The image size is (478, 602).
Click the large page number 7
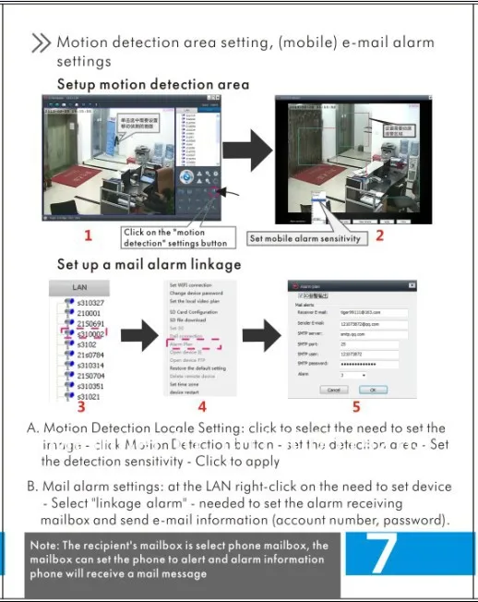point(383,552)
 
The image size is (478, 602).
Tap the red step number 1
point(88,235)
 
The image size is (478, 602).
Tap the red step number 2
point(378,235)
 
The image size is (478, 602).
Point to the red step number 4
point(202,405)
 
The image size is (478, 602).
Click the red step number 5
point(357,404)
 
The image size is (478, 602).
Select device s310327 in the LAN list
point(90,302)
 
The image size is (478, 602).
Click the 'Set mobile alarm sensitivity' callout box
point(307,238)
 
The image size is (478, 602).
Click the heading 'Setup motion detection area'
point(153,84)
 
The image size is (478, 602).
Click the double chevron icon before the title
point(41,43)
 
